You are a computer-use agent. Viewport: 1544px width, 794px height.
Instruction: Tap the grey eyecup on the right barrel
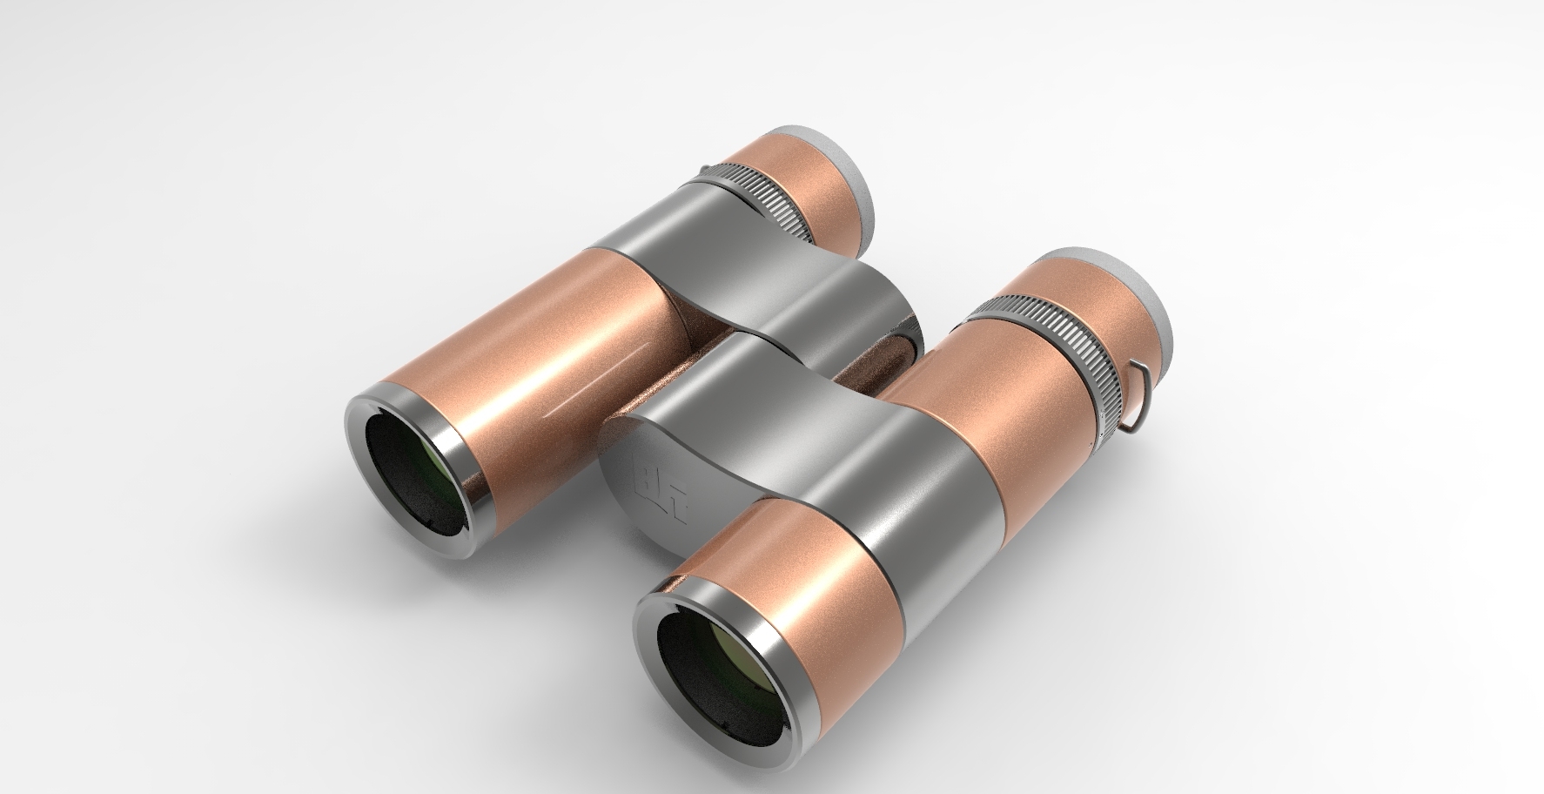click(x=1131, y=287)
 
